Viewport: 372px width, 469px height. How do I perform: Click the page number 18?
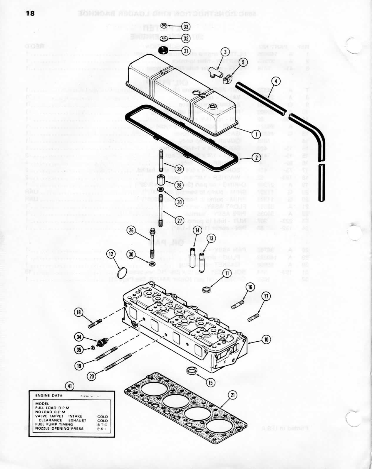(30, 14)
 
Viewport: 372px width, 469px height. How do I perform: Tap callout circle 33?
(186, 27)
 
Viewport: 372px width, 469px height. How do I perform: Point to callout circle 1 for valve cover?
(256, 134)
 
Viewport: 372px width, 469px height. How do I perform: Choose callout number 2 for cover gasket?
(256, 157)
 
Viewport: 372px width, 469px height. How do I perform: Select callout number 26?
(131, 230)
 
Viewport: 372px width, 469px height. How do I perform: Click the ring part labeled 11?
(207, 290)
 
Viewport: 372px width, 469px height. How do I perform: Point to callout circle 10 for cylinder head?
(266, 340)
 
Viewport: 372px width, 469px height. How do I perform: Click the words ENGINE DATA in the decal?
(49, 396)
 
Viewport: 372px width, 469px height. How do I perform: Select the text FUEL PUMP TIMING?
(54, 424)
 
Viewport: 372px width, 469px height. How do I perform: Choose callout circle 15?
(211, 382)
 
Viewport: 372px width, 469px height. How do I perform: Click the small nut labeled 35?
(92, 348)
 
